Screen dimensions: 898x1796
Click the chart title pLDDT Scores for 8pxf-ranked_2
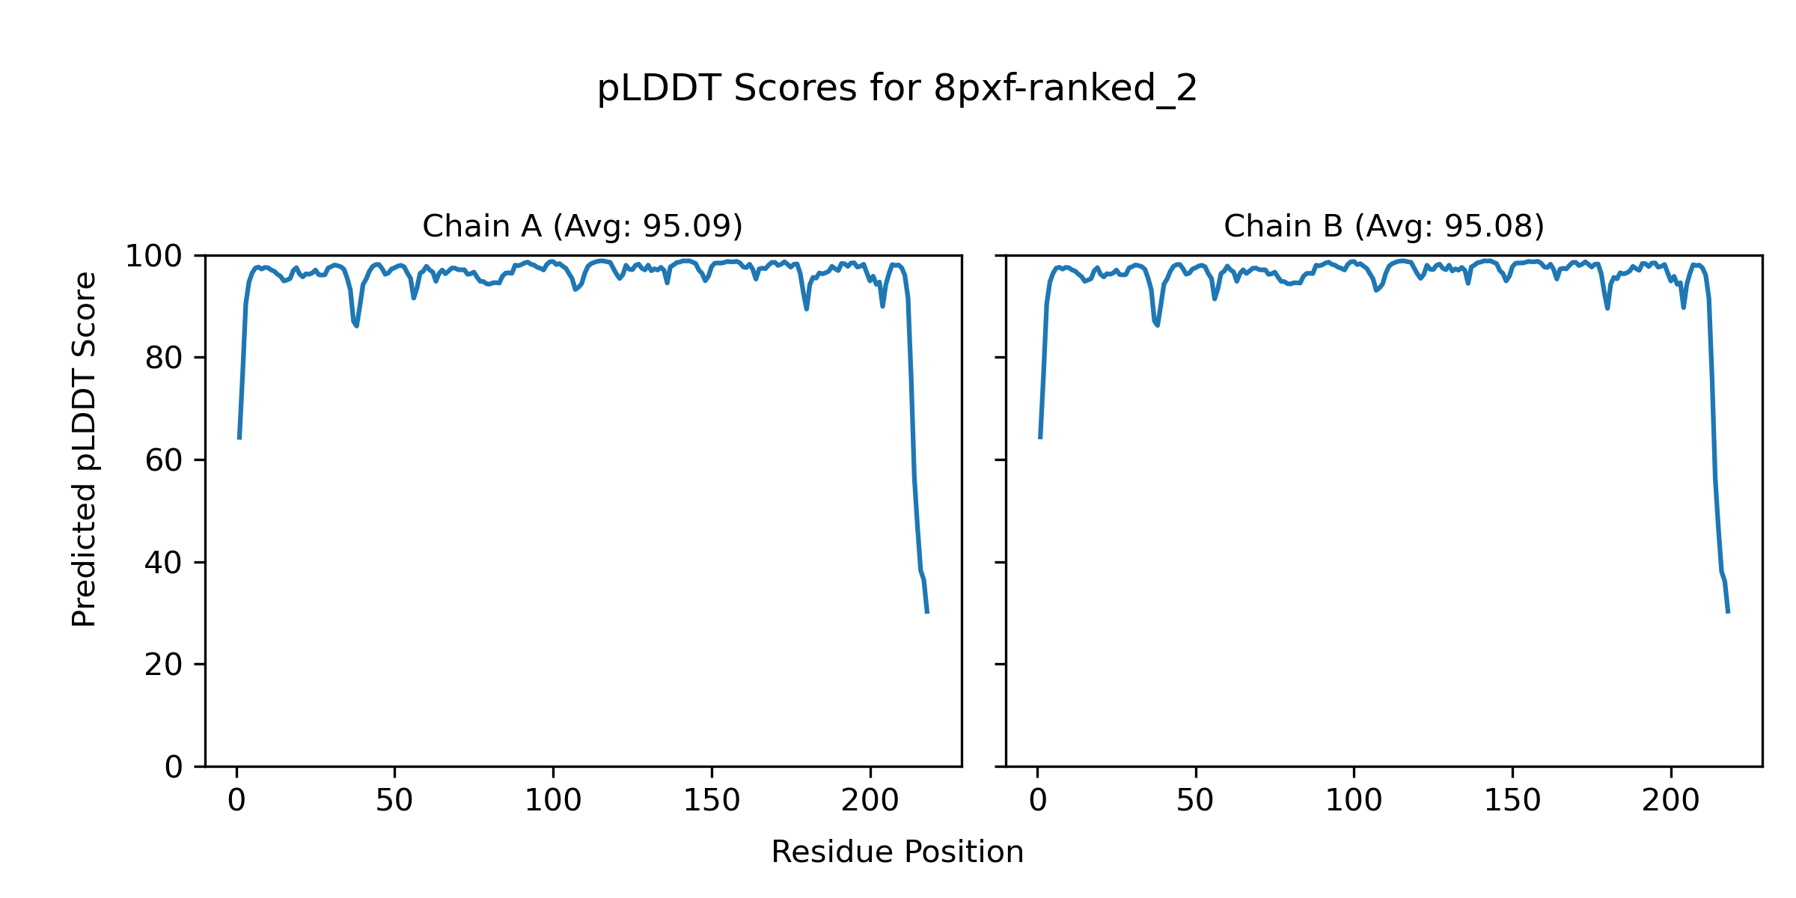(897, 89)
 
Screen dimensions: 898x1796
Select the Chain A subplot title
(582, 226)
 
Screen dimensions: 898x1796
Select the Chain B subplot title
(1384, 226)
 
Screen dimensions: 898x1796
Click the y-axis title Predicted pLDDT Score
(84, 449)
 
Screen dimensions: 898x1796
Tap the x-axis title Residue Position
(897, 852)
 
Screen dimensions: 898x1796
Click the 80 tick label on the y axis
(164, 358)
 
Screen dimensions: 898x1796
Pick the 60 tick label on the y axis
(164, 460)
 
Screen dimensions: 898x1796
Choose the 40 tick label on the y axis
(164, 563)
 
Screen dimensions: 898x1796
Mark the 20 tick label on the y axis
(164, 665)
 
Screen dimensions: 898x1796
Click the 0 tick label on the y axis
(174, 767)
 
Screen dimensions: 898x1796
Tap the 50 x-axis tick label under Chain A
(394, 801)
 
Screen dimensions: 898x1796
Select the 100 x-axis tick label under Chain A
(553, 801)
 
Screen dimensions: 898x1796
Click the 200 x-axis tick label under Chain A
(870, 801)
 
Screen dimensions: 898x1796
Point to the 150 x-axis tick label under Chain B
(1512, 801)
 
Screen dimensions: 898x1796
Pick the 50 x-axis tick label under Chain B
(1195, 801)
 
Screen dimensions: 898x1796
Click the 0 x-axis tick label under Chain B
(1038, 801)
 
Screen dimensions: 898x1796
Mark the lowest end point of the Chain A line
(927, 613)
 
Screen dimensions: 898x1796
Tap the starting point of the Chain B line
(1040, 439)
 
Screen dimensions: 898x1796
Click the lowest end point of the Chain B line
(1728, 613)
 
